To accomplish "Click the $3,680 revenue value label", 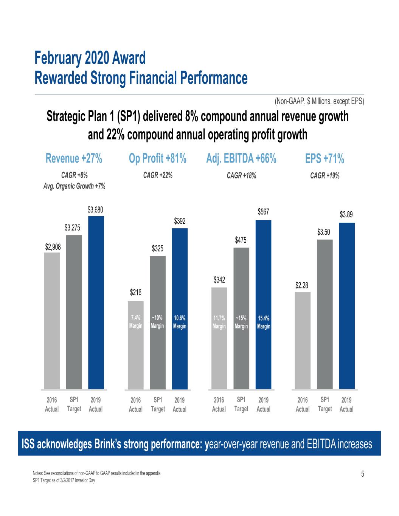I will coord(95,209).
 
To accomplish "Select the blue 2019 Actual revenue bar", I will coord(96,302).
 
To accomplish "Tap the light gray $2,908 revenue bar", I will coord(52,321).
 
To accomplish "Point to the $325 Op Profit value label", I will coord(158,248).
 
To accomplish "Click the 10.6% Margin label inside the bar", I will coord(179,322).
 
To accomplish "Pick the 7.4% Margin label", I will coord(135,322).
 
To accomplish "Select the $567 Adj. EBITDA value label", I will coord(263,212).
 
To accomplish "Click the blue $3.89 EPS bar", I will coord(346,306).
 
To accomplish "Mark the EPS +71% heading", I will coord(324,159).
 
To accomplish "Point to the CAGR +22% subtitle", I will coord(158,175).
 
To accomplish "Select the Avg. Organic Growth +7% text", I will coord(75,186).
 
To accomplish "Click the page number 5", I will coord(363,474).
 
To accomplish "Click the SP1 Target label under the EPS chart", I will coord(325,404).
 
